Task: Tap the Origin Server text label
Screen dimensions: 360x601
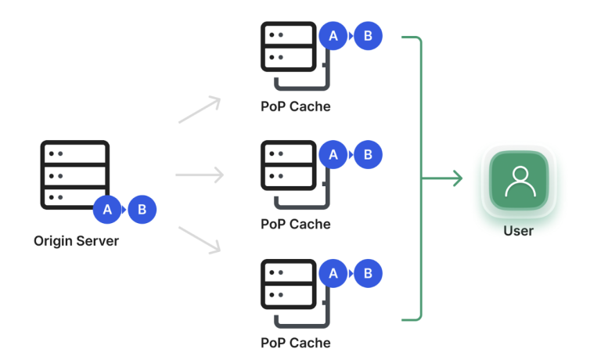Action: click(76, 241)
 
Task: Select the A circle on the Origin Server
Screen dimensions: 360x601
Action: click(107, 210)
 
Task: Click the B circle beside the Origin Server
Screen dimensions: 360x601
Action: click(142, 210)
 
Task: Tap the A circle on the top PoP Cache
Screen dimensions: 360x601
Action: click(333, 36)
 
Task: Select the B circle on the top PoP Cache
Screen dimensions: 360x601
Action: click(368, 36)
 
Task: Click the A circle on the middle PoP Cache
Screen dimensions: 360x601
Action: click(333, 155)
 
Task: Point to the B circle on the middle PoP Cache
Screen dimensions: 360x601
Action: click(368, 155)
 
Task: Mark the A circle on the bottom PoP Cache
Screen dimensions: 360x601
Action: click(333, 273)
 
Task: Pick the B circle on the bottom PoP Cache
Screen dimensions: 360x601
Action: click(368, 273)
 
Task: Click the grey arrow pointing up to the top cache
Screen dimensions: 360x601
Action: click(200, 110)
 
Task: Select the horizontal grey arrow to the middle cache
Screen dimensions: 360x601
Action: click(200, 175)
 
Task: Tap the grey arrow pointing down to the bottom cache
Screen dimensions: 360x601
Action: click(200, 239)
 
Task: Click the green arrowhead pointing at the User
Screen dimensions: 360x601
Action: click(457, 179)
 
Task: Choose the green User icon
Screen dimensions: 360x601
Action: click(519, 180)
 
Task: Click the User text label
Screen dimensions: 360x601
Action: click(518, 231)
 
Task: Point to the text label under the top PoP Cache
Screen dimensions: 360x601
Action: click(295, 106)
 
